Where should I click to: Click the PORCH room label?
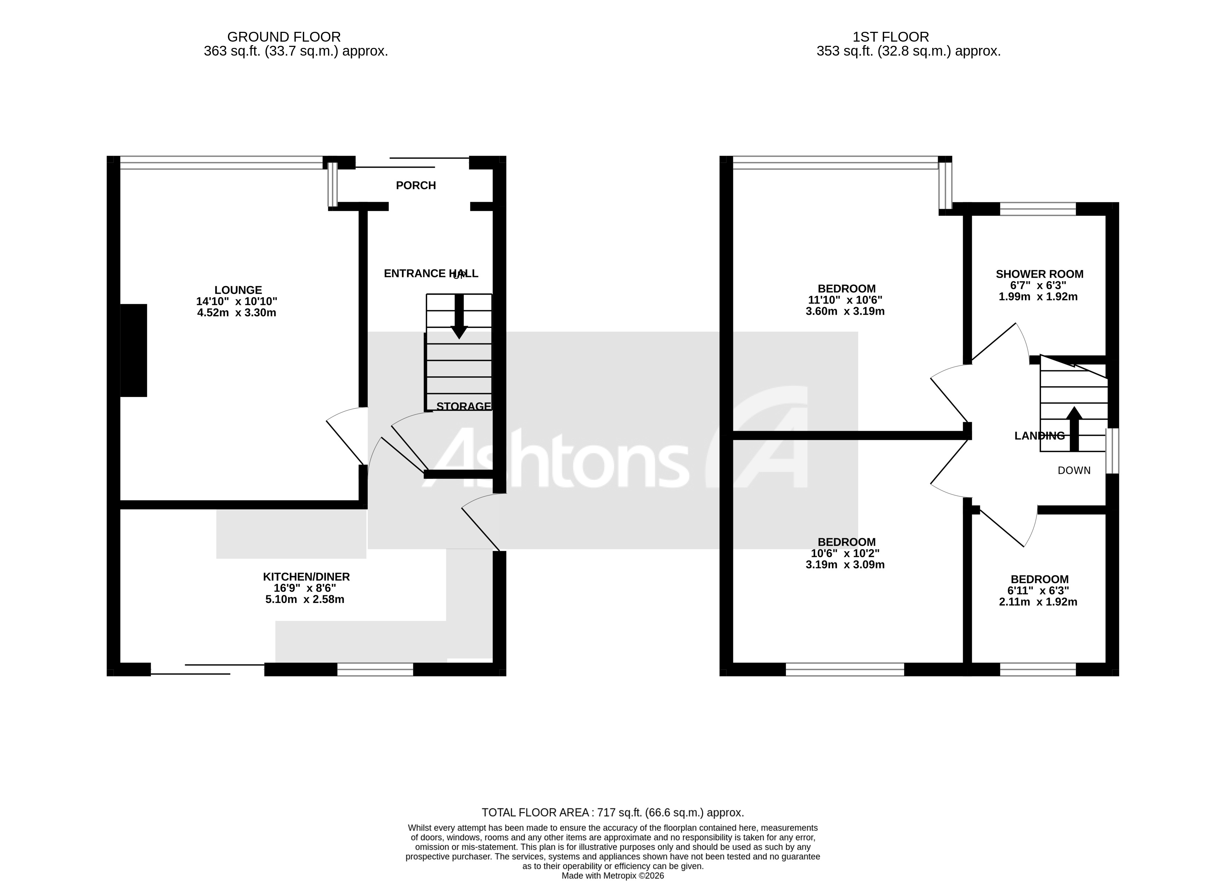pyautogui.click(x=416, y=185)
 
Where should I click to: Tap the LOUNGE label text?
pyautogui.click(x=238, y=290)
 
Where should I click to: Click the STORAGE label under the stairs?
pyautogui.click(x=463, y=406)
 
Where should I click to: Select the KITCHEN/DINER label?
pyautogui.click(x=306, y=576)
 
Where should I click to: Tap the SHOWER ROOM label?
pyautogui.click(x=1039, y=274)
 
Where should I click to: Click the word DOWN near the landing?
pyautogui.click(x=1074, y=470)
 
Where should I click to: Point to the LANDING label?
pyautogui.click(x=1039, y=435)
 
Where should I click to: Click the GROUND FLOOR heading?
pyautogui.click(x=284, y=37)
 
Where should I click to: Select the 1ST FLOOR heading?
pyautogui.click(x=890, y=37)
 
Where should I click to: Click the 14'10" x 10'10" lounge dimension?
pyautogui.click(x=236, y=301)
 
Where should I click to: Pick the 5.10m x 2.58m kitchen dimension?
pyautogui.click(x=304, y=599)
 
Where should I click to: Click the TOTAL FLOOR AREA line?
pyautogui.click(x=612, y=812)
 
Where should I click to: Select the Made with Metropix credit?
pyautogui.click(x=612, y=876)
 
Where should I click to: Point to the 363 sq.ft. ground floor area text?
pyautogui.click(x=296, y=51)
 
